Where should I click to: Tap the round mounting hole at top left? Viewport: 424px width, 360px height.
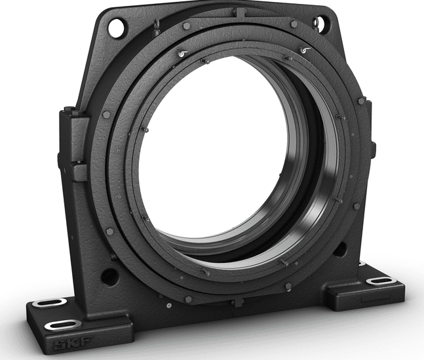[117, 28]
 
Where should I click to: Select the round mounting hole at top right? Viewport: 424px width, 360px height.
[320, 24]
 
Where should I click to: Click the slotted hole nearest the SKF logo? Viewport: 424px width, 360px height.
[63, 325]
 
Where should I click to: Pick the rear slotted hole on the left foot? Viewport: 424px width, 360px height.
[50, 302]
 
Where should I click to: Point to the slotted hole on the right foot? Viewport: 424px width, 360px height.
[381, 281]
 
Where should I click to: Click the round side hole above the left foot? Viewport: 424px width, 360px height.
[109, 276]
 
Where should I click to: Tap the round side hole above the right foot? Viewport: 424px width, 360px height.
[339, 249]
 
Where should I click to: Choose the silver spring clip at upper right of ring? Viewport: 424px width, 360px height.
[303, 50]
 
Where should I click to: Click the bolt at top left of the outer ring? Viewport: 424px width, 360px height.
[187, 26]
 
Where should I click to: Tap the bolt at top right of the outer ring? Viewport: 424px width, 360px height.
[294, 24]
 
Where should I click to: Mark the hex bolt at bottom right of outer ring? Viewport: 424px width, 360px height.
[288, 286]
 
